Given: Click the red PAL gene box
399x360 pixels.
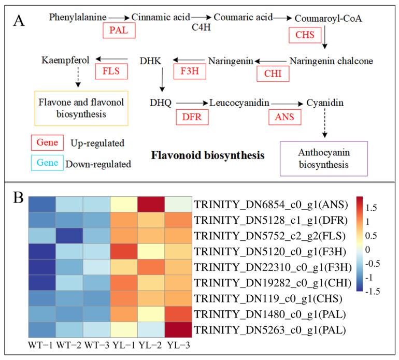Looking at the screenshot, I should pyautogui.click(x=119, y=31).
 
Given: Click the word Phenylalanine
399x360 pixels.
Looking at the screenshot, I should pyautogui.click(x=78, y=18).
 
